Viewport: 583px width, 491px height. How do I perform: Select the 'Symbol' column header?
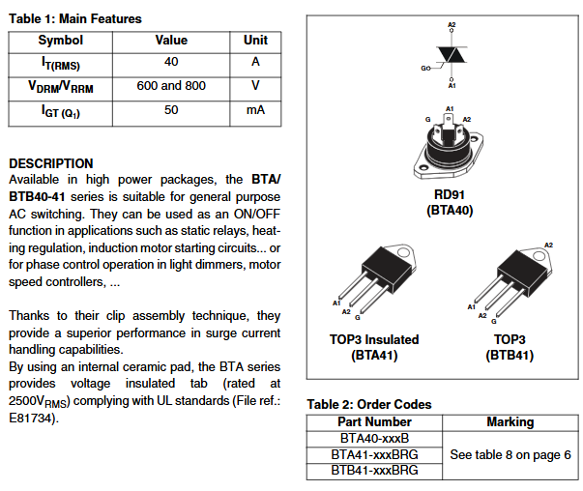point(60,41)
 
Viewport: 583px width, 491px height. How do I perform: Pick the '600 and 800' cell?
point(171,87)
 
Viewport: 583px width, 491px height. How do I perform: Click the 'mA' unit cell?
point(255,110)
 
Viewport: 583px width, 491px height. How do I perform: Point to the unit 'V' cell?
point(255,87)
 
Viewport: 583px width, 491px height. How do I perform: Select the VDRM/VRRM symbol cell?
point(60,88)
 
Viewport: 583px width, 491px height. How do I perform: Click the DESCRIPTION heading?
point(50,163)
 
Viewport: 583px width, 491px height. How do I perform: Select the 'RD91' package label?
point(450,194)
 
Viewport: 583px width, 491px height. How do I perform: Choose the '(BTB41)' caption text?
point(510,355)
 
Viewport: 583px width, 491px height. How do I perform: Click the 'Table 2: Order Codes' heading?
point(368,404)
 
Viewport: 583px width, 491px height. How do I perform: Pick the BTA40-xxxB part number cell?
point(374,438)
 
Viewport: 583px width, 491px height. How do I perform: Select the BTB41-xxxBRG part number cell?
point(374,471)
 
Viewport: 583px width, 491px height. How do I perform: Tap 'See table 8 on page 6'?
point(510,454)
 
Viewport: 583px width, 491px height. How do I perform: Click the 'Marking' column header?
point(510,421)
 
